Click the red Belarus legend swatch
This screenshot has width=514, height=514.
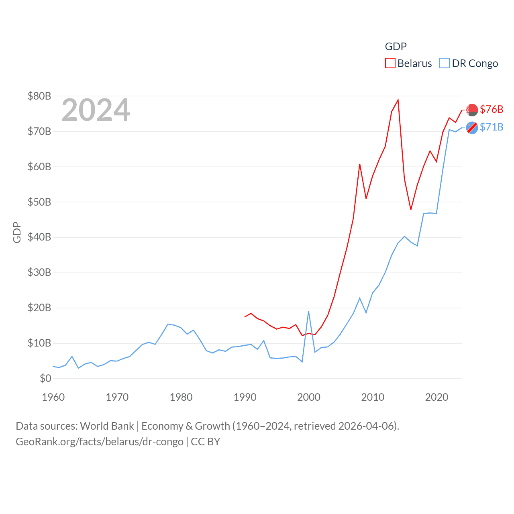(390, 63)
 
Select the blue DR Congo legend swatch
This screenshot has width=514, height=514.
(444, 63)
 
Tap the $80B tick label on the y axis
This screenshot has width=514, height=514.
(39, 96)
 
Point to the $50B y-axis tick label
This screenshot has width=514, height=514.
(39, 202)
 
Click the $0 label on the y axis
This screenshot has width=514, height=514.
(45, 378)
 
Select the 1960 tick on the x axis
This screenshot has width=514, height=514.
(53, 397)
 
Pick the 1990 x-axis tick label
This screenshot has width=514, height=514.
(245, 397)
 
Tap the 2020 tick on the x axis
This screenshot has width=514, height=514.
(436, 397)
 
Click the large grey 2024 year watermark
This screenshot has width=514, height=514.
(96, 110)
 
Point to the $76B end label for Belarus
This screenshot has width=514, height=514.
(492, 109)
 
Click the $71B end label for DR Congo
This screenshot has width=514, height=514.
(492, 127)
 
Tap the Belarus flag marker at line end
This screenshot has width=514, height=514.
(472, 110)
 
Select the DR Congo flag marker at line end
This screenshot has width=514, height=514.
(472, 128)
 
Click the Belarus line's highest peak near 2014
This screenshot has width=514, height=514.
(398, 100)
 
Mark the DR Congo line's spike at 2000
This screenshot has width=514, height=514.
(308, 311)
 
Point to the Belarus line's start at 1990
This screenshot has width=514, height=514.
(245, 317)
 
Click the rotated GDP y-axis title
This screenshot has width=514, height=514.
(17, 232)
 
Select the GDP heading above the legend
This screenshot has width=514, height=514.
(396, 47)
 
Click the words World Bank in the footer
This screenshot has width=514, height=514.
(107, 426)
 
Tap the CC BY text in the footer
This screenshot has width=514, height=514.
(206, 442)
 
